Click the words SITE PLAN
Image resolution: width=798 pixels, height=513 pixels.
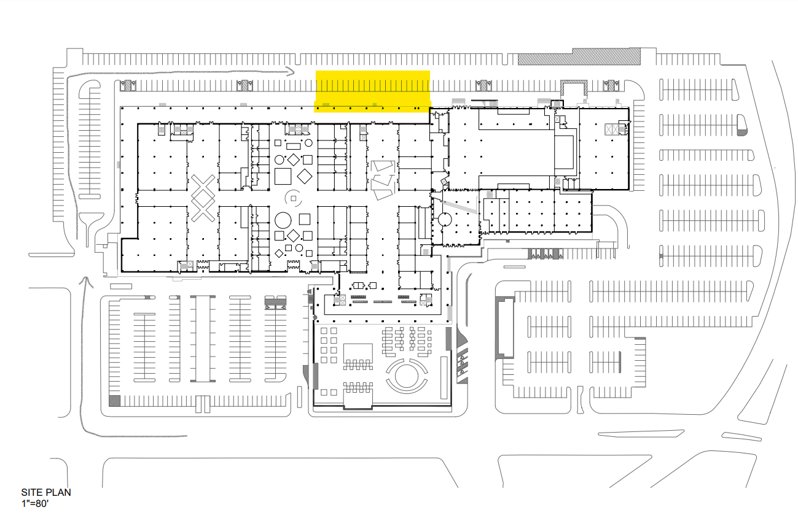[x=46, y=492]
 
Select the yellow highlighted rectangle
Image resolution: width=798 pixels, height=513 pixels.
[x=372, y=91]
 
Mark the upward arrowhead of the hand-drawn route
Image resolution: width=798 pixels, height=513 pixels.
[x=84, y=280]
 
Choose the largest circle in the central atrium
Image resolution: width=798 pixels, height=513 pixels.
[x=284, y=220]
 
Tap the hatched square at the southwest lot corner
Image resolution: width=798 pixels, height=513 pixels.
[x=115, y=401]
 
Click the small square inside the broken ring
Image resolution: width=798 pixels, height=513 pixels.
[x=293, y=198]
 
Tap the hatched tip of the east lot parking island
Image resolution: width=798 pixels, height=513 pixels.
[x=741, y=128]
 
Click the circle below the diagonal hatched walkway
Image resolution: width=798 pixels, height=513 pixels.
[x=444, y=219]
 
